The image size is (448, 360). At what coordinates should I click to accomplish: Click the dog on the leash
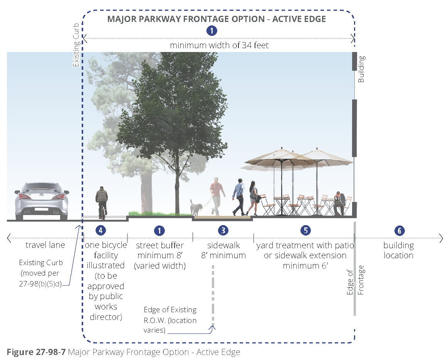point(196,207)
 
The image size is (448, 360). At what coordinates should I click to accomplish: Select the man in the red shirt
point(217,195)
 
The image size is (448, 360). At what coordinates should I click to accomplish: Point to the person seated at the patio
point(340,203)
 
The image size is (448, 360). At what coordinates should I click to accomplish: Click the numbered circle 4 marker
point(101,230)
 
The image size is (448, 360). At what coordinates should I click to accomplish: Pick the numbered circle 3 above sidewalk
point(223,230)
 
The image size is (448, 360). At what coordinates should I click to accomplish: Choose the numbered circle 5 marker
point(305,230)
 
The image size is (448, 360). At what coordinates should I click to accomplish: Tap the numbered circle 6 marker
point(399,230)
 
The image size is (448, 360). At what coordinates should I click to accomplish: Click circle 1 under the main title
point(211,31)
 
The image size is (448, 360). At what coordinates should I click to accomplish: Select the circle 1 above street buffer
point(159,230)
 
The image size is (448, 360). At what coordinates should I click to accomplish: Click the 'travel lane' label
point(45,245)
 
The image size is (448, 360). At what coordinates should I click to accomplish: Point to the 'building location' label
point(398,250)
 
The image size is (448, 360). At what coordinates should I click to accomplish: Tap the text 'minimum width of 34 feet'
point(219,45)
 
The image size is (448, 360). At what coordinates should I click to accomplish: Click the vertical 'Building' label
point(361,69)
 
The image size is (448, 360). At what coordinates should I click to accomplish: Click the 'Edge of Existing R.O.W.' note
point(170,320)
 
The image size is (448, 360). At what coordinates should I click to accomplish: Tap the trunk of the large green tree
point(178,181)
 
